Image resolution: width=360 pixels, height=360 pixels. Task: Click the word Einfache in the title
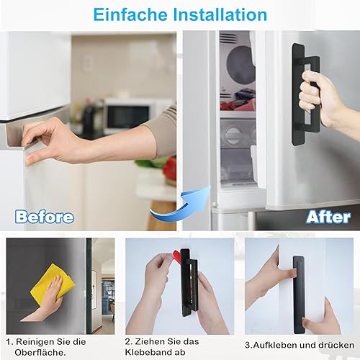coord(130,14)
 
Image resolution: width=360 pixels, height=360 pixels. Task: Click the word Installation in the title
coord(220,14)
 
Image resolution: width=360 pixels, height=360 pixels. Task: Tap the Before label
coord(45,217)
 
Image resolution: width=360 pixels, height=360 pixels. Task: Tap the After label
coord(328,217)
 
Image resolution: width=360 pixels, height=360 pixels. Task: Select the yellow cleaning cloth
coord(52,283)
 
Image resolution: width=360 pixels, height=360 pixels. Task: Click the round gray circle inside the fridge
coord(240,65)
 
